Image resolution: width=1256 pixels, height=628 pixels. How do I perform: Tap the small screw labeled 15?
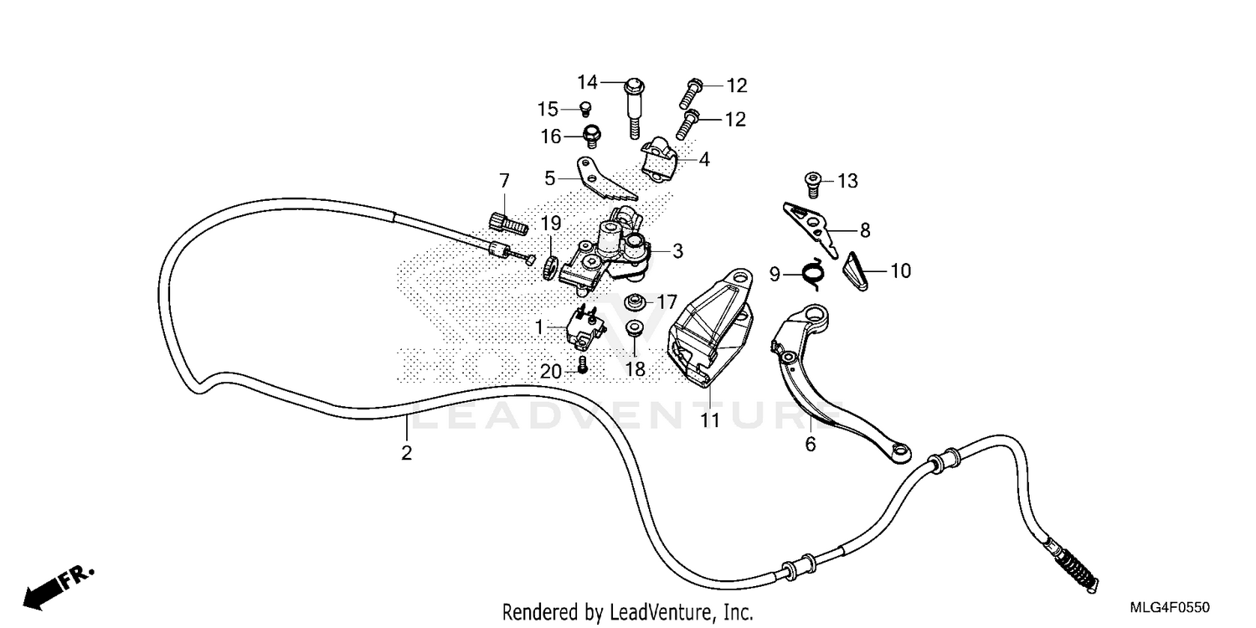tap(585, 108)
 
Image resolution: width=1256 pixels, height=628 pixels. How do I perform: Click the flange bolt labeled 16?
tap(591, 134)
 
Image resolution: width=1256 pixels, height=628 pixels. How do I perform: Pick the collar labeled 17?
tap(636, 301)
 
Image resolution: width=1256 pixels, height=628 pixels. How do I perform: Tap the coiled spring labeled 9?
tap(812, 272)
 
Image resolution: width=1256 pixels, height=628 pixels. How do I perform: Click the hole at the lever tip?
tap(899, 453)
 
